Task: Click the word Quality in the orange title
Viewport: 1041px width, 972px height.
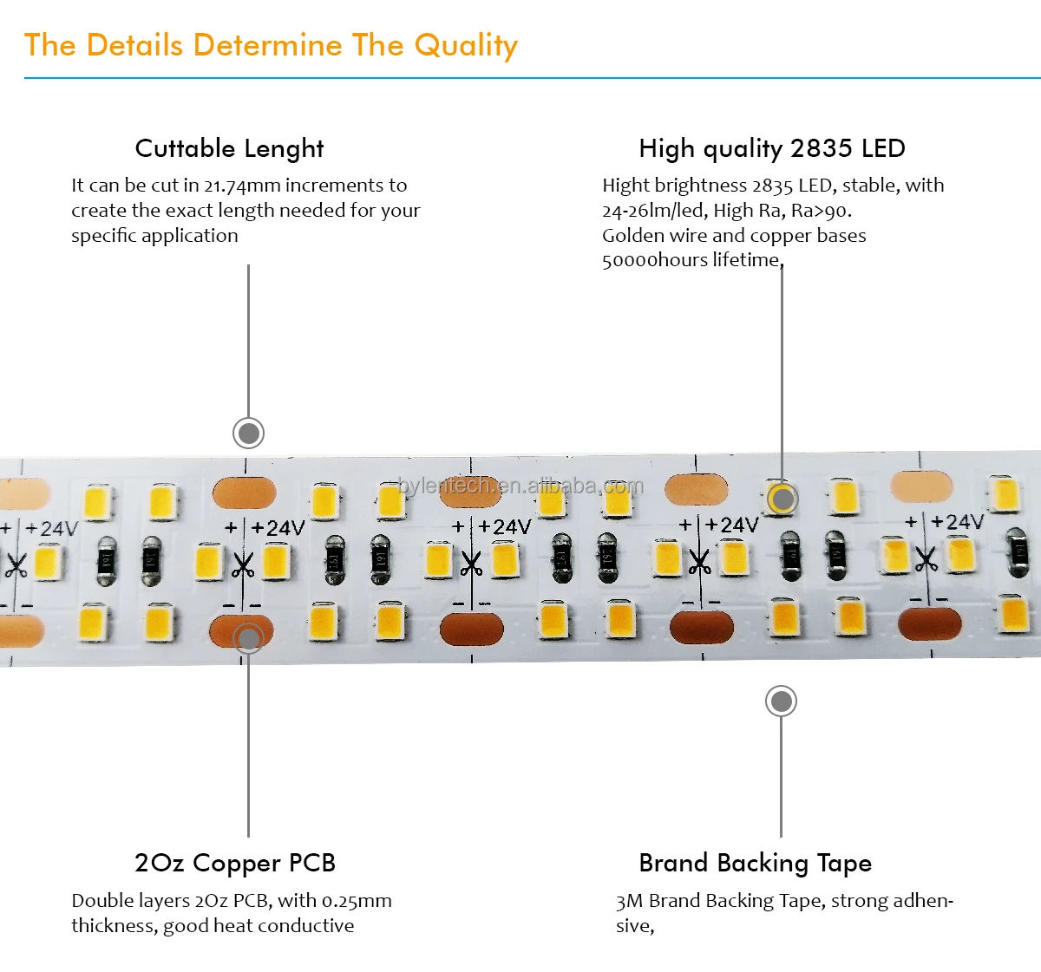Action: (466, 46)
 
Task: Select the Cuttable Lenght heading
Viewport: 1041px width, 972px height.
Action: (229, 148)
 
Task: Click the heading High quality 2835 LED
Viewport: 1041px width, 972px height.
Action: (771, 148)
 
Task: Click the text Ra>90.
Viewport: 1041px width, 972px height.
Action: (821, 211)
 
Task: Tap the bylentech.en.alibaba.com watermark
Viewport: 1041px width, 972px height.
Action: (520, 486)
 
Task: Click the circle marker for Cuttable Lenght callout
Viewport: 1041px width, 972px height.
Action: (248, 433)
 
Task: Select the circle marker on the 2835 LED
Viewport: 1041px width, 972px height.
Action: (782, 499)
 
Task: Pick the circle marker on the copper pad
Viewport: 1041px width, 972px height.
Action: (248, 639)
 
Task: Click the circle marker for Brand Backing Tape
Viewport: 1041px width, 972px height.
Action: (781, 701)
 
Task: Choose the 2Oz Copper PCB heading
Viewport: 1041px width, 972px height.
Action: (234, 863)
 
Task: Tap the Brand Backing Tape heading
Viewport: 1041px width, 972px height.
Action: (755, 863)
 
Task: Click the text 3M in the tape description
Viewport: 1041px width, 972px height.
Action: (629, 901)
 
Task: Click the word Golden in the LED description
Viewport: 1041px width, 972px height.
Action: (632, 236)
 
